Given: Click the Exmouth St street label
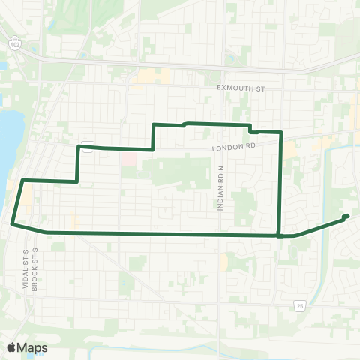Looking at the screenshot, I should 241,88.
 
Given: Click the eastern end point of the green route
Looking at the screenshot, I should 346,217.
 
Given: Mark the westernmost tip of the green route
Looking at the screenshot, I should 12,223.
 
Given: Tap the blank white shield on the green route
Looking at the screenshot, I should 87,146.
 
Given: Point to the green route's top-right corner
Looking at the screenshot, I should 281,132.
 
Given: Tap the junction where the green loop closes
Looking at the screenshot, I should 279,235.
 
